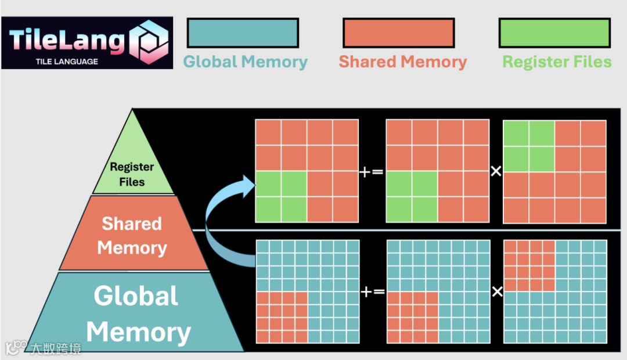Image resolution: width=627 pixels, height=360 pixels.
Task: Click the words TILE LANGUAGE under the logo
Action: coord(67,62)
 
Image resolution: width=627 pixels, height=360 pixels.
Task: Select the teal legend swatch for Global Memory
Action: coord(243,33)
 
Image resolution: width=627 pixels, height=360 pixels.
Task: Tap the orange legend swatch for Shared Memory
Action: coord(398,33)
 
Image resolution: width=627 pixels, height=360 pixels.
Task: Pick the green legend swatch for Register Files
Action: coord(554,33)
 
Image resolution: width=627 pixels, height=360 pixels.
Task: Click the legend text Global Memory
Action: coord(245,62)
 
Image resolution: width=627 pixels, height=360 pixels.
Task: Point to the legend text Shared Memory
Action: coord(403,62)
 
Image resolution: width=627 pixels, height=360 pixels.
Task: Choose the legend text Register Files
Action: coord(557,62)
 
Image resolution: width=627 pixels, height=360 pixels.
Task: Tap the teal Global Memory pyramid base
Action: coord(137,314)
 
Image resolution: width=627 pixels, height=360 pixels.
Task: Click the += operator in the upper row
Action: coord(372,172)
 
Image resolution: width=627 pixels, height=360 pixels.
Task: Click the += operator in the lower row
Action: coord(372,291)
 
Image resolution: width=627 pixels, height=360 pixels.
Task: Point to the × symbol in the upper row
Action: coord(496,172)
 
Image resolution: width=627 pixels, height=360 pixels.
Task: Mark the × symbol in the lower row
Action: coord(497,291)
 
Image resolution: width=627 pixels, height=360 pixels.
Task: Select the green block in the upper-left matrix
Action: coord(281,197)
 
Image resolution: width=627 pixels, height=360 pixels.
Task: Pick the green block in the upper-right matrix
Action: coord(528,146)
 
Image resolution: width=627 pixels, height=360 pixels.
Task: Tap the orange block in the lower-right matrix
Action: coord(529,265)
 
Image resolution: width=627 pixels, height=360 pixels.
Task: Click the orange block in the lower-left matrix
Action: coord(281,317)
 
